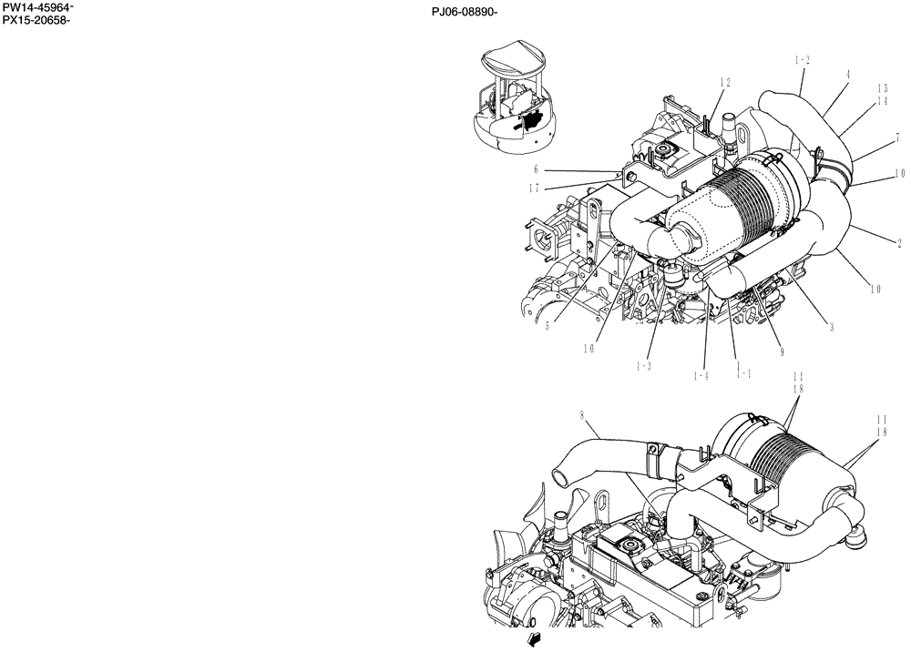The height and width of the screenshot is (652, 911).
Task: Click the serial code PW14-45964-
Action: (38, 8)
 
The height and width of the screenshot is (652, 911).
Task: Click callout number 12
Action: (725, 83)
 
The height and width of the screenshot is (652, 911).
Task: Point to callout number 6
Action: (537, 169)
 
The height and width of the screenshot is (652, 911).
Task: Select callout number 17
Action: (533, 188)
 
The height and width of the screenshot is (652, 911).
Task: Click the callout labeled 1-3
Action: (644, 365)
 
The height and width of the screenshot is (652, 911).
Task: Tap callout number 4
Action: (847, 76)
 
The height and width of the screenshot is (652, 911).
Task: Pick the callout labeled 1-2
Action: (803, 60)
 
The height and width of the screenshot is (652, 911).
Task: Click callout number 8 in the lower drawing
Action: (581, 416)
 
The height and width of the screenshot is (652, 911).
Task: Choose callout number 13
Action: (883, 89)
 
